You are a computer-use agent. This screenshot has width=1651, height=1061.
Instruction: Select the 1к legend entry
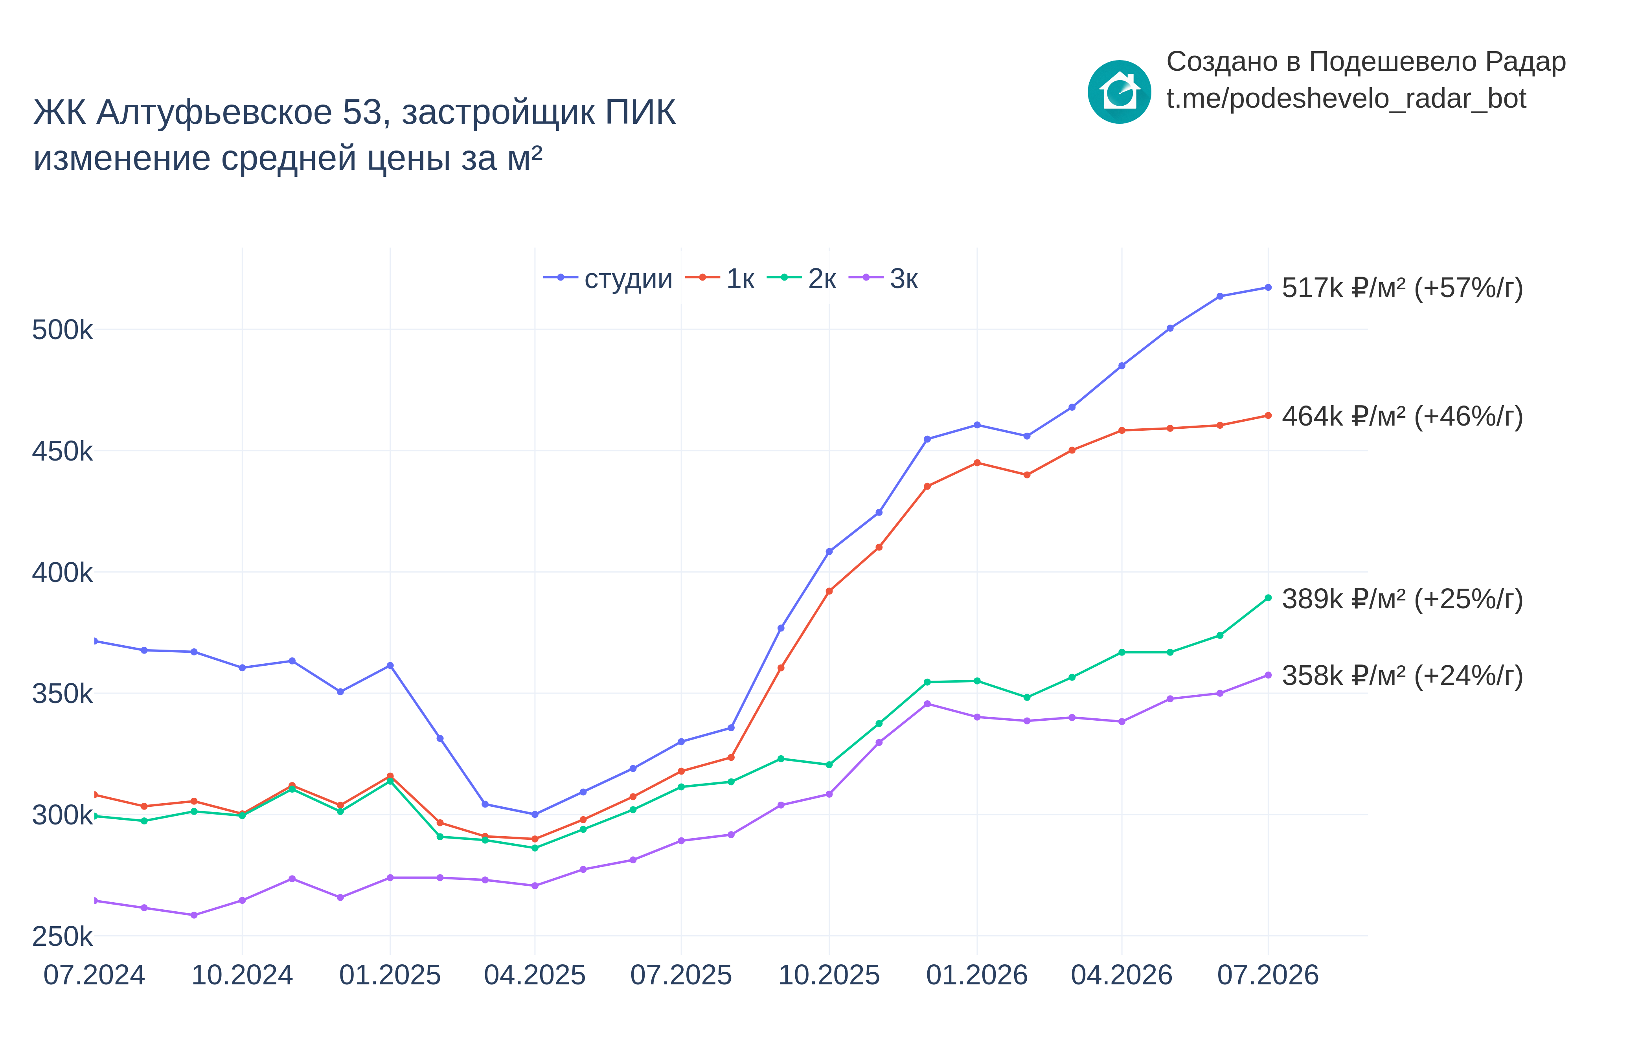[719, 278]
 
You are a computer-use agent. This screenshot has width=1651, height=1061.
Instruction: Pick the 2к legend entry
[802, 278]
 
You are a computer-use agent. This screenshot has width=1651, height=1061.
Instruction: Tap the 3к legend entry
[883, 278]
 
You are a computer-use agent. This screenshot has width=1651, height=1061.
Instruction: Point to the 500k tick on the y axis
[62, 330]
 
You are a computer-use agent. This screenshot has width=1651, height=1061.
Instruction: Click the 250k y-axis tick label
[62, 937]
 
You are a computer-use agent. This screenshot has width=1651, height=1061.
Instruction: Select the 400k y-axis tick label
[62, 573]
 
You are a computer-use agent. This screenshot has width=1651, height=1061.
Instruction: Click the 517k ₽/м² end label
[1402, 288]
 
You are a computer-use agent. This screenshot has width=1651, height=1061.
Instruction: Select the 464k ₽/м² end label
[1402, 416]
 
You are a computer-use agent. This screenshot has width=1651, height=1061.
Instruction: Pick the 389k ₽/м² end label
[1402, 599]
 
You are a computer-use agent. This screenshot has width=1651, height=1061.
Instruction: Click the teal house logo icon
[1119, 92]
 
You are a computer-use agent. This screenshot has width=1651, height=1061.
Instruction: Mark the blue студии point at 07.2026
[1268, 287]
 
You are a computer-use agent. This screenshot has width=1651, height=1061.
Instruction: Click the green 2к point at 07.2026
[1268, 598]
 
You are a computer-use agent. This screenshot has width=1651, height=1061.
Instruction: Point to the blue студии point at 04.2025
[535, 814]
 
